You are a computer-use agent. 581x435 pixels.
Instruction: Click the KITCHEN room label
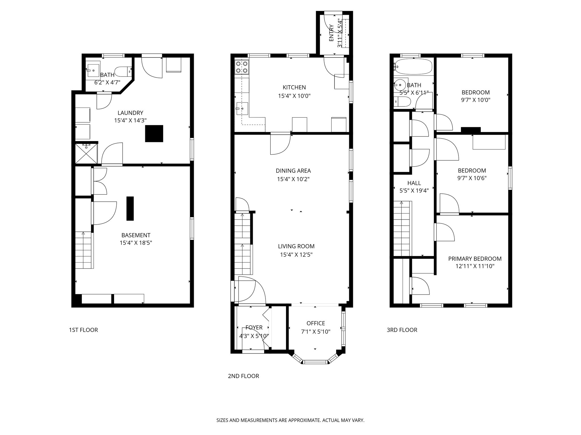coord(294,88)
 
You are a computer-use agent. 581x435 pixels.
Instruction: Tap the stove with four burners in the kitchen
coord(242,67)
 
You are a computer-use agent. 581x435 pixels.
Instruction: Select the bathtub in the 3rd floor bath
coord(414,67)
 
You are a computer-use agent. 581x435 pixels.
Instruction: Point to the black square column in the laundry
coord(154,133)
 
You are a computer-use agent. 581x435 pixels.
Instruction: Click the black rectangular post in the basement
coord(130,208)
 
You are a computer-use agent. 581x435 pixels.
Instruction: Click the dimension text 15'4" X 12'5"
coord(296,255)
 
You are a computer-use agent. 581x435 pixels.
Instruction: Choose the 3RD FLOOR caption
coord(402,330)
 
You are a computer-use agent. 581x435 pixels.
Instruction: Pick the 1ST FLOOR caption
coord(83,330)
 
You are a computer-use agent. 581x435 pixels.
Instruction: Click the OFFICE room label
coord(315,323)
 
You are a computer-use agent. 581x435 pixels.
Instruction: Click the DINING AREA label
coord(293,171)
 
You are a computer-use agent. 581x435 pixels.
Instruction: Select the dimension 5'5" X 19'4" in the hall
coord(414,191)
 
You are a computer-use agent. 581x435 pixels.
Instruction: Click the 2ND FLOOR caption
coord(243,376)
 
